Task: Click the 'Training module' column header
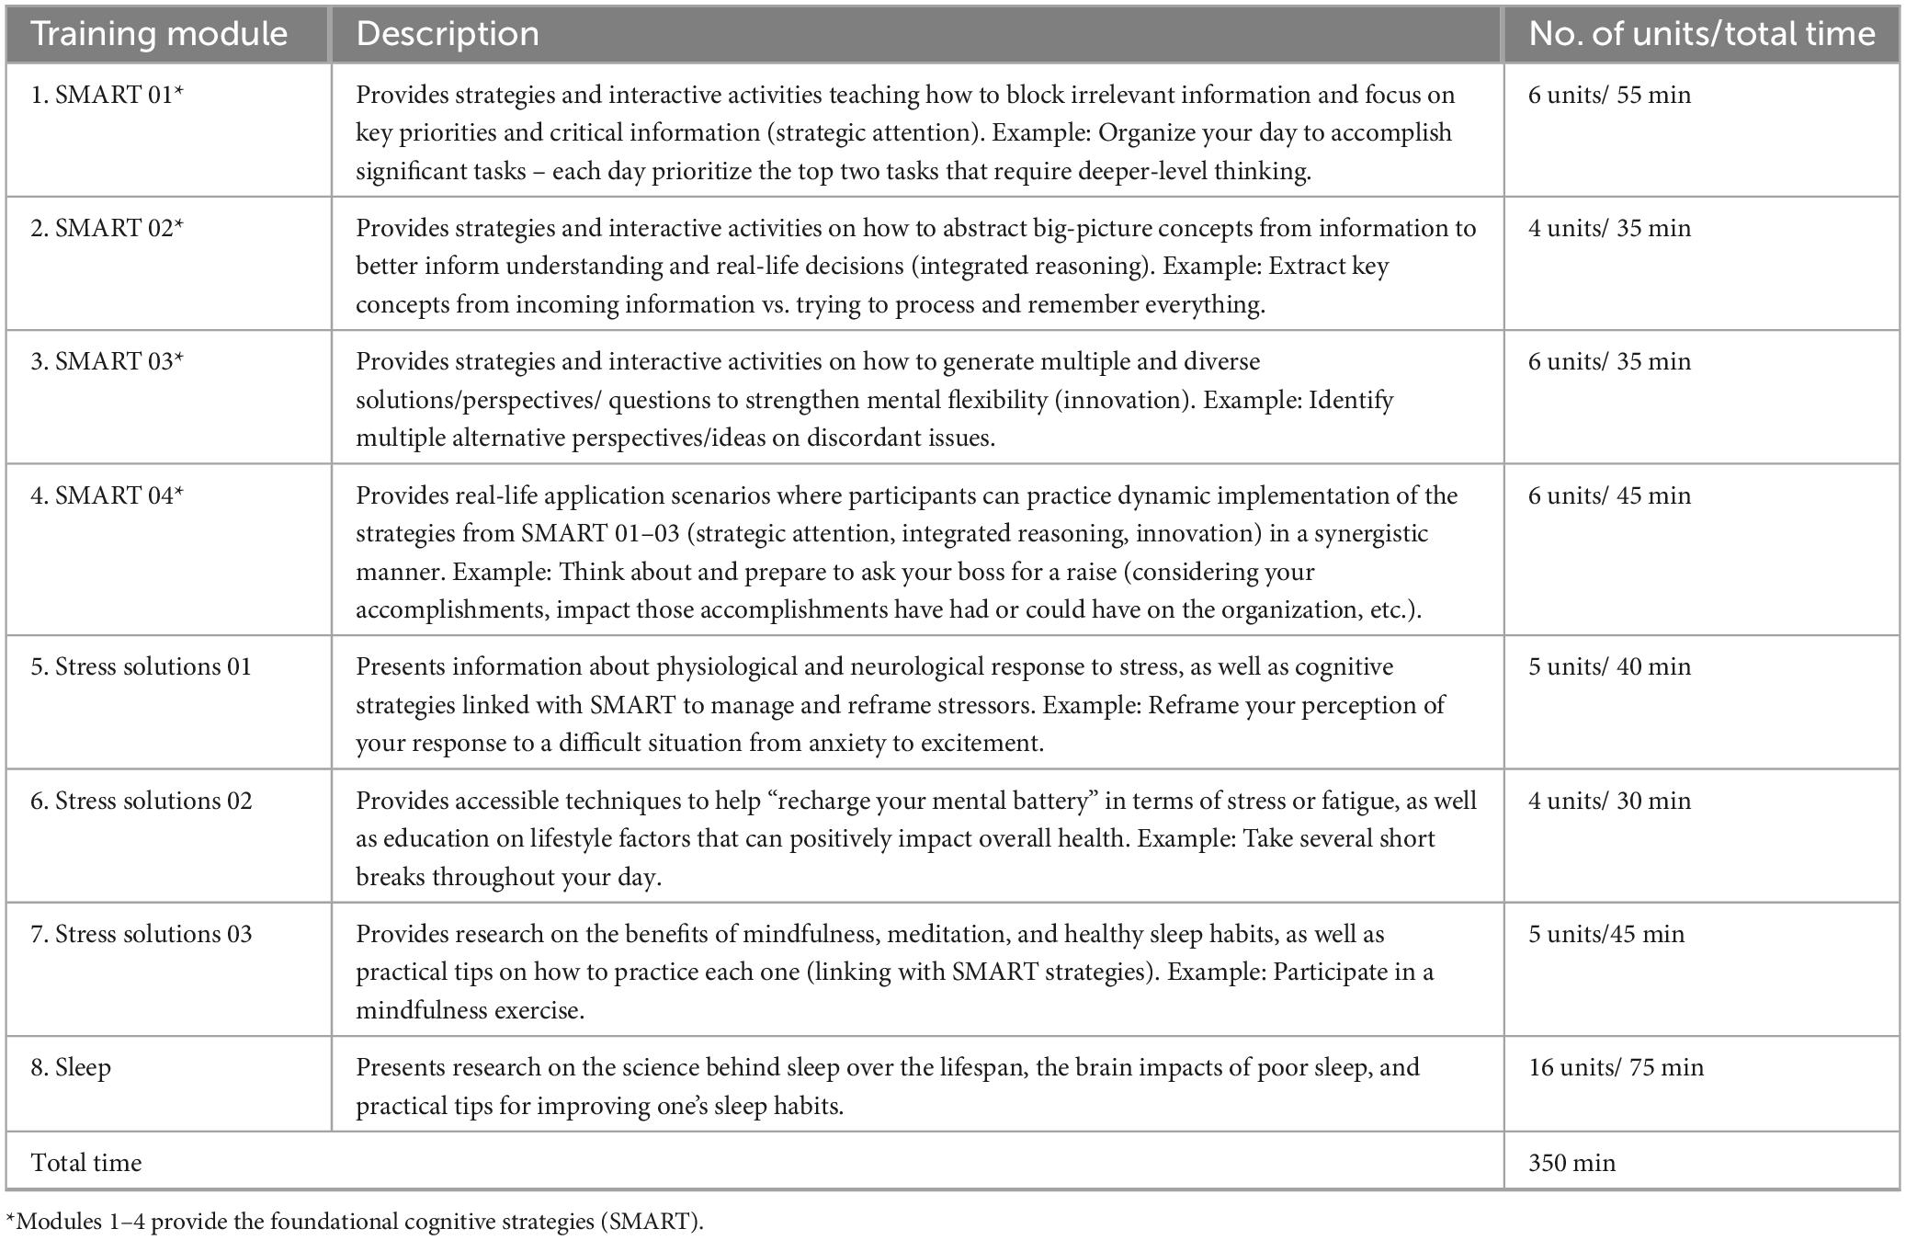(159, 34)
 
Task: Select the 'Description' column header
(448, 34)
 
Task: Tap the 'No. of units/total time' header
(1701, 34)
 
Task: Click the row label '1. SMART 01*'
(107, 95)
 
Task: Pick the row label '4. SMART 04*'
(107, 495)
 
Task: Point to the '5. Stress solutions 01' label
(141, 666)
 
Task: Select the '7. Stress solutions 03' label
(141, 934)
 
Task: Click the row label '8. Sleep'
(71, 1067)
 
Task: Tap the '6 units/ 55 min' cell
(1609, 95)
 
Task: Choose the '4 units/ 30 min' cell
(1609, 801)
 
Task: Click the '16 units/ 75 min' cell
(1616, 1067)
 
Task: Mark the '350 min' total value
(1571, 1163)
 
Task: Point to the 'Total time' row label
(86, 1163)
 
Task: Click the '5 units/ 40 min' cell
(1609, 666)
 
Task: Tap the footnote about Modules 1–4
(355, 1222)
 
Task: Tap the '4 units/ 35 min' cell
(1609, 228)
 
